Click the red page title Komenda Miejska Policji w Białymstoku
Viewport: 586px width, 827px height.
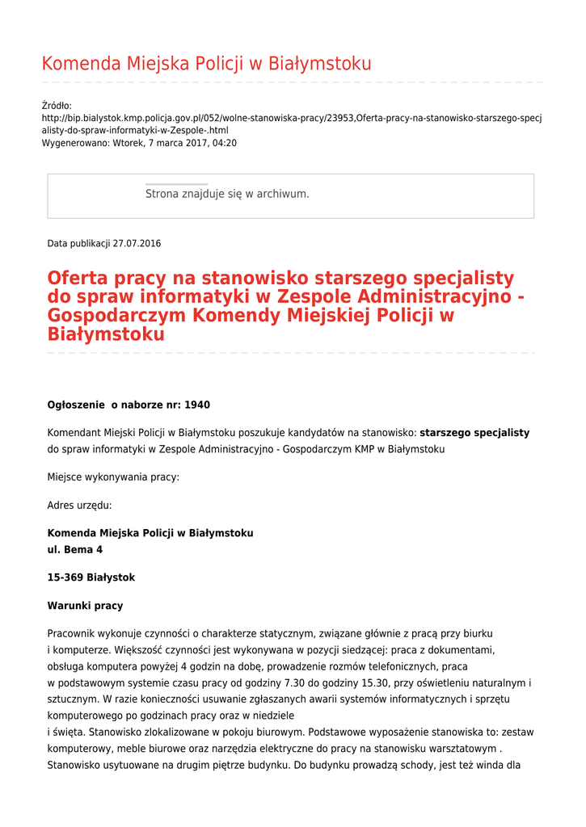click(206, 64)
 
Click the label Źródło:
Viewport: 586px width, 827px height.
click(57, 106)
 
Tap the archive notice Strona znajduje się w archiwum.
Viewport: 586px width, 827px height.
click(227, 194)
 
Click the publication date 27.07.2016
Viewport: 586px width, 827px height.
click(137, 243)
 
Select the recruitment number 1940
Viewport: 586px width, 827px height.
click(197, 405)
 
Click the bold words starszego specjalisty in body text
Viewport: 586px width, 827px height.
click(474, 433)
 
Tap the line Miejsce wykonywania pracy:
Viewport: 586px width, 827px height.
click(113, 477)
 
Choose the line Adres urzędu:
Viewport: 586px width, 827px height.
click(79, 506)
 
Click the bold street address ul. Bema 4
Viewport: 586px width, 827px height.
click(75, 549)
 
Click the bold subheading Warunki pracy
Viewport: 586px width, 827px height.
click(85, 606)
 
